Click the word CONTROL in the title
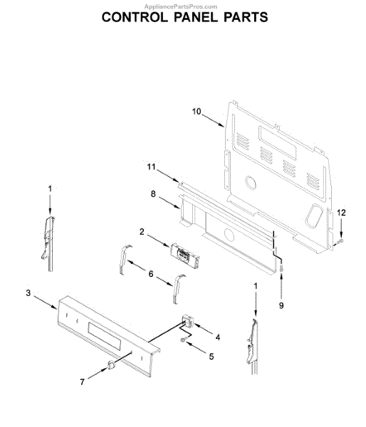(135, 17)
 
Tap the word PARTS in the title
(246, 17)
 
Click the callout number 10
(197, 112)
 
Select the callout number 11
(151, 167)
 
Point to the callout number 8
(153, 194)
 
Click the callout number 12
(342, 213)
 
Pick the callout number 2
(142, 232)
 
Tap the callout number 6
(151, 274)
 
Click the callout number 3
(28, 293)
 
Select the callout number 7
(82, 382)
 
